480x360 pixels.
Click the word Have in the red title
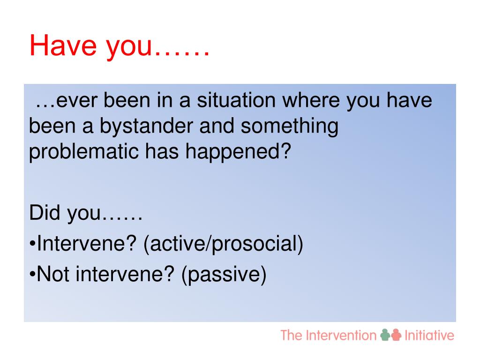[x=63, y=45]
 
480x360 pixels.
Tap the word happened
[x=234, y=152]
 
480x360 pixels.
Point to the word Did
[x=45, y=212]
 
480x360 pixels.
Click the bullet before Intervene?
[x=32, y=244]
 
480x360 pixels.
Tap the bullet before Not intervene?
[x=32, y=274]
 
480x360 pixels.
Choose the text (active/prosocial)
[x=223, y=244]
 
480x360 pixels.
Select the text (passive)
[x=224, y=275]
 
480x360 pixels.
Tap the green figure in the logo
[x=385, y=335]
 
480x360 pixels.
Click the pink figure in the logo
[x=396, y=335]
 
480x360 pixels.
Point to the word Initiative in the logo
[x=429, y=336]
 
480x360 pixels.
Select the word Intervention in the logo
[x=341, y=336]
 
